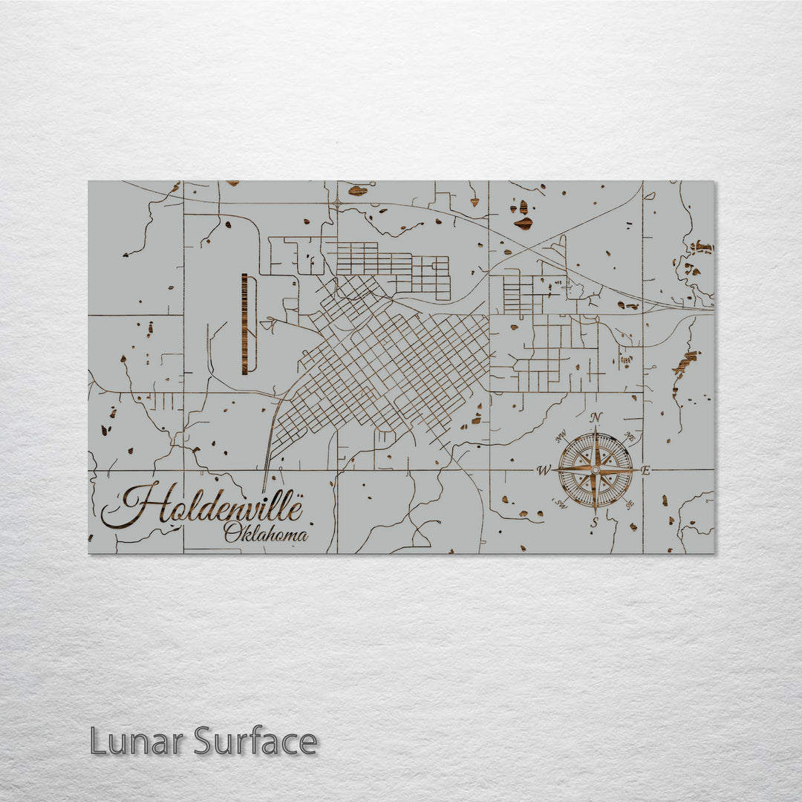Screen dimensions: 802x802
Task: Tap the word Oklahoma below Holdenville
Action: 266,532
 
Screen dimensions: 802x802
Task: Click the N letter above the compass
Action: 596,418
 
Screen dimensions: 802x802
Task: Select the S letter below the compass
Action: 594,523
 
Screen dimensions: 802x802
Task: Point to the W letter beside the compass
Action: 544,470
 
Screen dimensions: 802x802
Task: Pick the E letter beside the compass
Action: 645,470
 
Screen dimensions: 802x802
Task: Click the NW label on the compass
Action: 561,437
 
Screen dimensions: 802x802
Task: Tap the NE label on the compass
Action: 629,436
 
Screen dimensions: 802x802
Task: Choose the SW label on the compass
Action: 561,503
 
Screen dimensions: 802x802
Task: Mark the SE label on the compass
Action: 630,504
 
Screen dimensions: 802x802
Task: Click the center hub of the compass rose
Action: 595,470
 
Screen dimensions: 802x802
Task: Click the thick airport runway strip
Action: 244,323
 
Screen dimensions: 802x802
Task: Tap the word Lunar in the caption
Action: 137,741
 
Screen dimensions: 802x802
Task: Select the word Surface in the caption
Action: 255,741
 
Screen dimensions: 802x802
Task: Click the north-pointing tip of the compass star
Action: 595,429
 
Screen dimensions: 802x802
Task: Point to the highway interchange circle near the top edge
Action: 337,201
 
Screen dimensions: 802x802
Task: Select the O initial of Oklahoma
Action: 232,532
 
